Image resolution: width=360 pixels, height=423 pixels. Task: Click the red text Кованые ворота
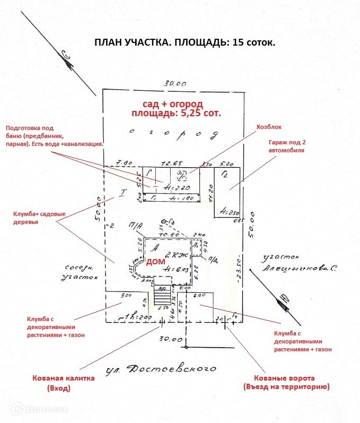[x=286, y=378]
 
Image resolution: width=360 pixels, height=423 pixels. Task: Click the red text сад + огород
[x=173, y=103]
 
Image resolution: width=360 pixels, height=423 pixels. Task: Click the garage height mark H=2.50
[x=226, y=213]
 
